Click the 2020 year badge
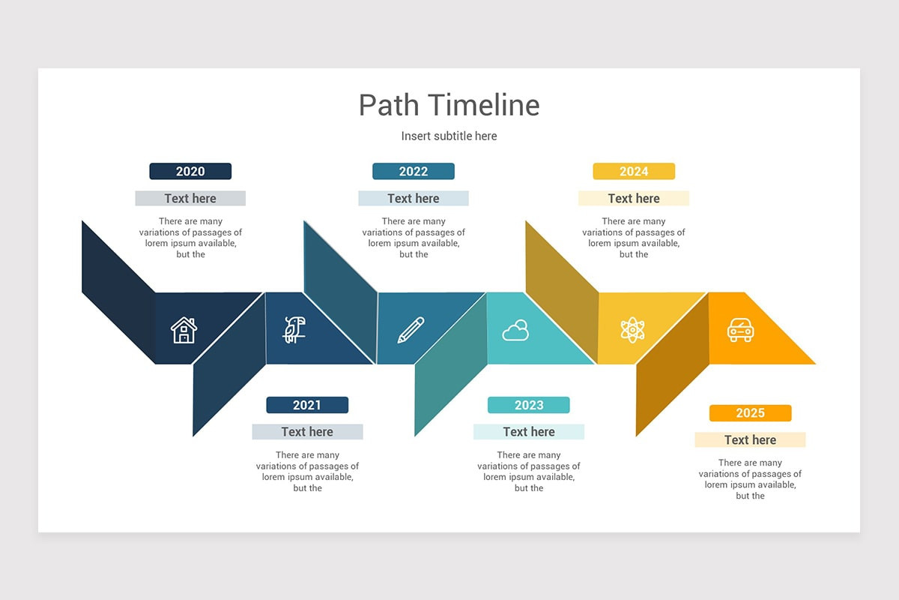pos(190,172)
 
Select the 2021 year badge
pos(307,405)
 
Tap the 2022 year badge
pos(414,172)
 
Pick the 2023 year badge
pos(529,405)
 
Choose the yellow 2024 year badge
pos(634,172)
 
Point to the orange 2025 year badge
pos(750,413)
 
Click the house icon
pos(184,330)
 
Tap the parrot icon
pos(294,329)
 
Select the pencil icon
pos(411,330)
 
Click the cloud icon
pos(515,330)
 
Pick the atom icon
pos(633,330)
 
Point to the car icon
pos(740,330)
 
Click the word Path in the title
pos(390,105)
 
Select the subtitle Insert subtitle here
pos(449,136)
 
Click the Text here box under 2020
pos(190,199)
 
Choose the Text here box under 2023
pos(529,432)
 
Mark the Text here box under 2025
pos(750,440)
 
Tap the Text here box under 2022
pos(414,199)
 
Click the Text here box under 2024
pos(634,199)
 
